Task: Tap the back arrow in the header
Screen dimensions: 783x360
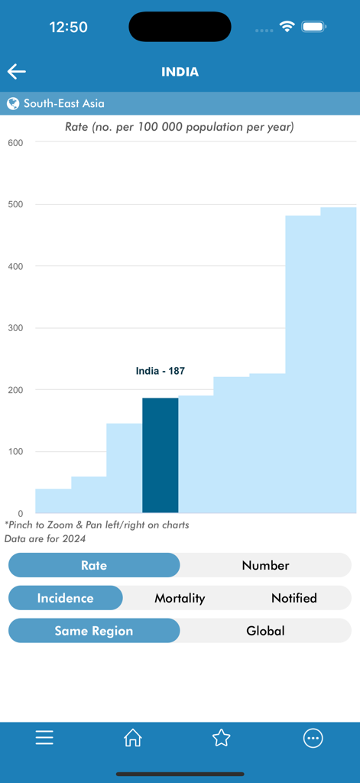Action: [17, 72]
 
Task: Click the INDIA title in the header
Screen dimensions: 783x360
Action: [180, 72]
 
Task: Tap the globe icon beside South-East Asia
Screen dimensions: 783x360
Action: [13, 103]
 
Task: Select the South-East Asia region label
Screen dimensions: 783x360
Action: [64, 103]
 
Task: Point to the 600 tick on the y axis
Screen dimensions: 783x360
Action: [15, 143]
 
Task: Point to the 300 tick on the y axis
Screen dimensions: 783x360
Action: [15, 328]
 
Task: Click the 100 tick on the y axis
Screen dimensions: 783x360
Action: [15, 452]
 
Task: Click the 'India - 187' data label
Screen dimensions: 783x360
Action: [160, 371]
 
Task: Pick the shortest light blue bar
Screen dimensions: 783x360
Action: [53, 501]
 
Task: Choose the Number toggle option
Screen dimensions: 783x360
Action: [265, 566]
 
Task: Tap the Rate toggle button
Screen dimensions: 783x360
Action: [94, 566]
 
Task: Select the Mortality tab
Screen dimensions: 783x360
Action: [180, 598]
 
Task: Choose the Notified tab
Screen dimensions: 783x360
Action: [294, 598]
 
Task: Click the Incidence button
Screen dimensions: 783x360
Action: [66, 598]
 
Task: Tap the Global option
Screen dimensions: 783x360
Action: [265, 631]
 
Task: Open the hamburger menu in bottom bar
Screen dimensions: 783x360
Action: [44, 737]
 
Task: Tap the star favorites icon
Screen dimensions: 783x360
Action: [222, 737]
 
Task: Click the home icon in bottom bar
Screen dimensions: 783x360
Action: [133, 737]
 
